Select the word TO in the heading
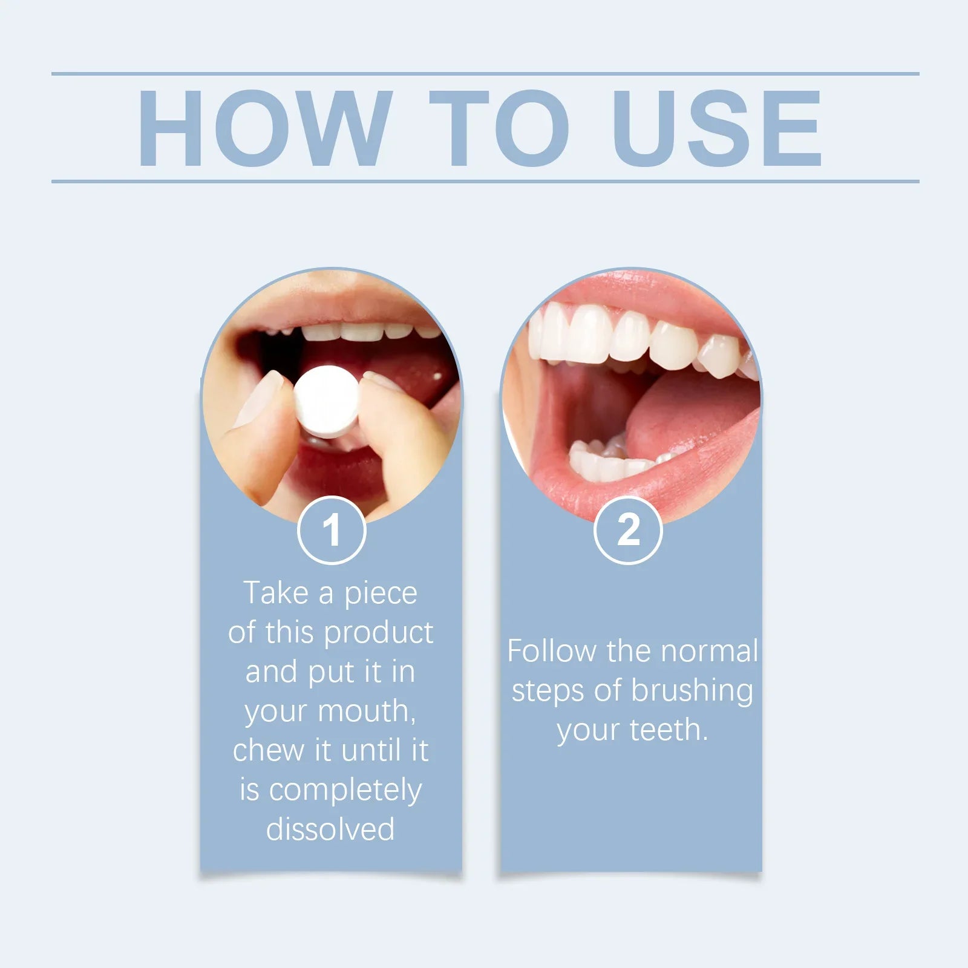coord(499,128)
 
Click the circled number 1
coord(332,530)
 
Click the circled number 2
coord(628,530)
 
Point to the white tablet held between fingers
coord(327,401)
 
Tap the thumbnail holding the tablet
coord(259,399)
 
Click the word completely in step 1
coord(345,791)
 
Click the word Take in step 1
coord(276,593)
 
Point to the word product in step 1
coord(378,633)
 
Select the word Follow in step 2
coord(551,651)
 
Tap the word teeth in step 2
coord(669,730)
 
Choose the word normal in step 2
coord(708,651)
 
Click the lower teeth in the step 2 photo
coord(611,461)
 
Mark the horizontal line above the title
coord(485,74)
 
